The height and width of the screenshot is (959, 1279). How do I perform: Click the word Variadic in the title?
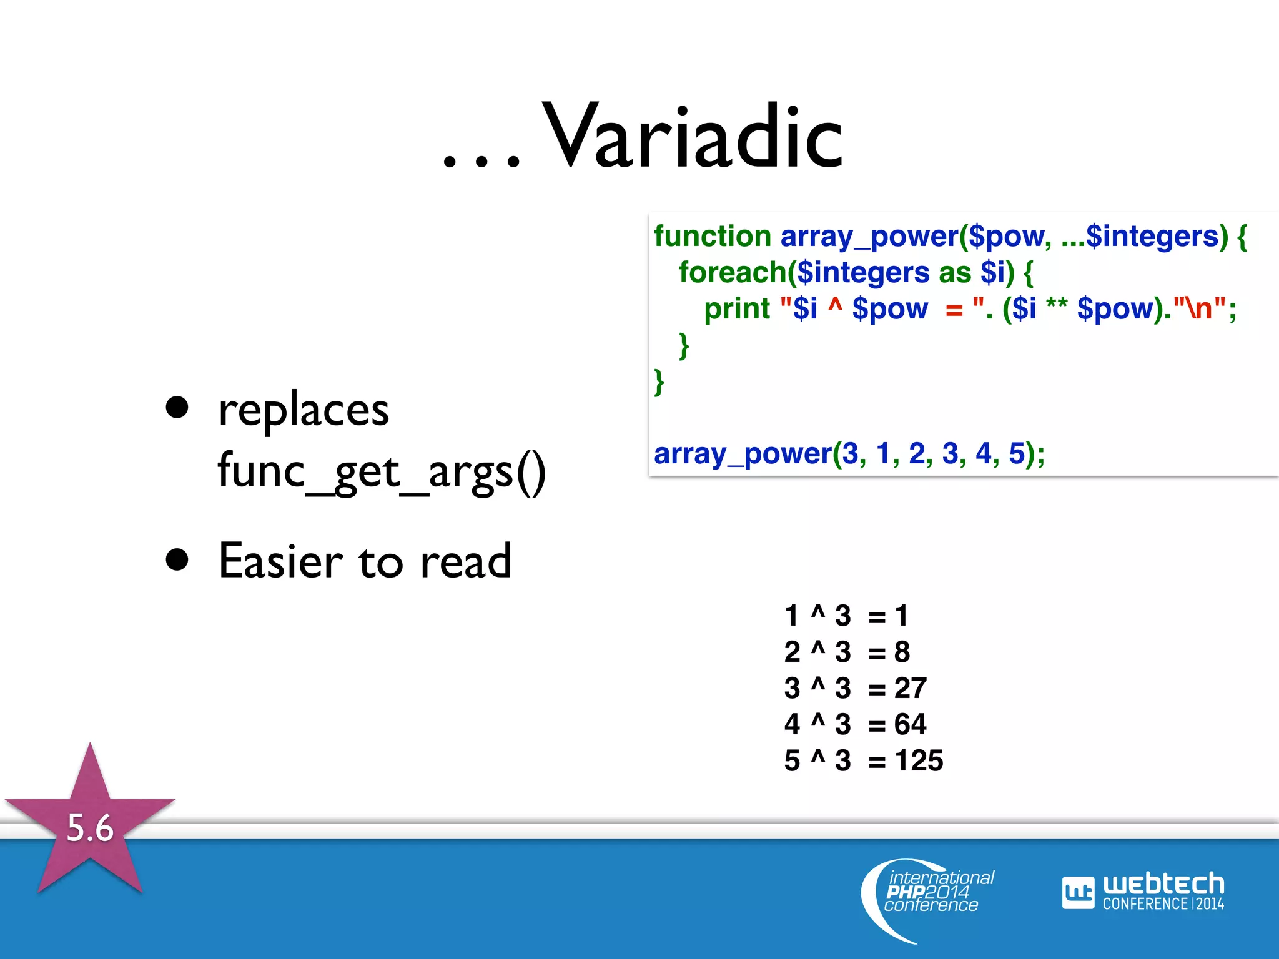(693, 137)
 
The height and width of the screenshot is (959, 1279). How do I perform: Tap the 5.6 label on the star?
(90, 828)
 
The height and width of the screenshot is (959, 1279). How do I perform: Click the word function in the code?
(712, 237)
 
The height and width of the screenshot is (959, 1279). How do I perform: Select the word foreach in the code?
(732, 273)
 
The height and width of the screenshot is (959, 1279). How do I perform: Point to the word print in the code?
(737, 309)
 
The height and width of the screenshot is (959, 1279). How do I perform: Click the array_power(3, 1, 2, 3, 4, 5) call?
(849, 454)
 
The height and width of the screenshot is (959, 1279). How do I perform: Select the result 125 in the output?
(919, 761)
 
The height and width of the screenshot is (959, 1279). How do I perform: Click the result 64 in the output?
(910, 725)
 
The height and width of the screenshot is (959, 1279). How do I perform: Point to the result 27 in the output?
(910, 689)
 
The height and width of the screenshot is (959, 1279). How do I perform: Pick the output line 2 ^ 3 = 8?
(847, 652)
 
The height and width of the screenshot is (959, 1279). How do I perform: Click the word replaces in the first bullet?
(304, 411)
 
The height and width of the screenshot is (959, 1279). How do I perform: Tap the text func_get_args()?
(382, 473)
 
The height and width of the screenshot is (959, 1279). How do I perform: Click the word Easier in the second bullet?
(281, 561)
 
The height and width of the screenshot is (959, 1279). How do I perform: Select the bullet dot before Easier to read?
(177, 560)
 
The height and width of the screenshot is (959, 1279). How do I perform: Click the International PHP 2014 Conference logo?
(931, 893)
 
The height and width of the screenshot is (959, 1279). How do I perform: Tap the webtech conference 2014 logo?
(1143, 892)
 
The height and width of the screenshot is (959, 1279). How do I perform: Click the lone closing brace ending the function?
(659, 382)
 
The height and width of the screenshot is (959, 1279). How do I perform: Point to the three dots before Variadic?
(481, 161)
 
